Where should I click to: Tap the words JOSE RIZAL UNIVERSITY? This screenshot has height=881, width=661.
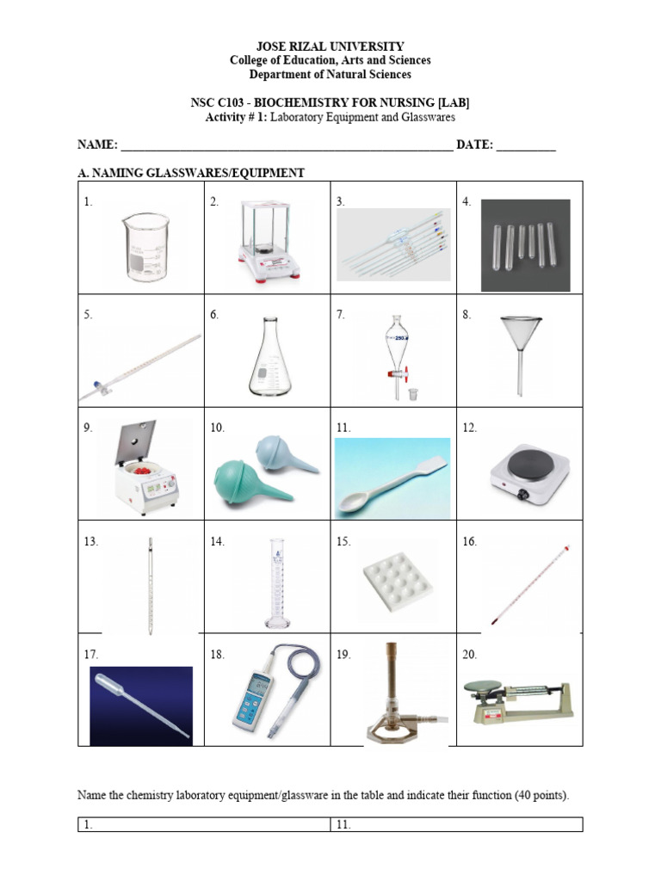coord(330,46)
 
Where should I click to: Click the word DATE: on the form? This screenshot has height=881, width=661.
coord(473,145)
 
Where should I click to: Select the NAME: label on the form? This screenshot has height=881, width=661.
coord(97,145)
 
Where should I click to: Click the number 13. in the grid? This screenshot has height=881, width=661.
coord(91,542)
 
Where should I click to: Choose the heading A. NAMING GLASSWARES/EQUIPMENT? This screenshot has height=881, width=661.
coord(190,173)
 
